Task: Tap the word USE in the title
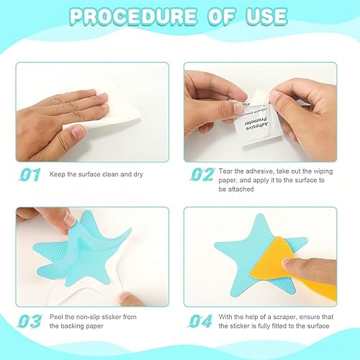266,17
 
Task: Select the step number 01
30,174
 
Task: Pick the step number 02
202,174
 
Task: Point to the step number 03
30,321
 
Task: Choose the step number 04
200,321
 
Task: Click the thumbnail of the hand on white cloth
92,112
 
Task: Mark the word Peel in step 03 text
56,317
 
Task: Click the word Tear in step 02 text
225,171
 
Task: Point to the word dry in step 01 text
138,174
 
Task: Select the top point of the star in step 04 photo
260,214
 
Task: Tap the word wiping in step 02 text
323,171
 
